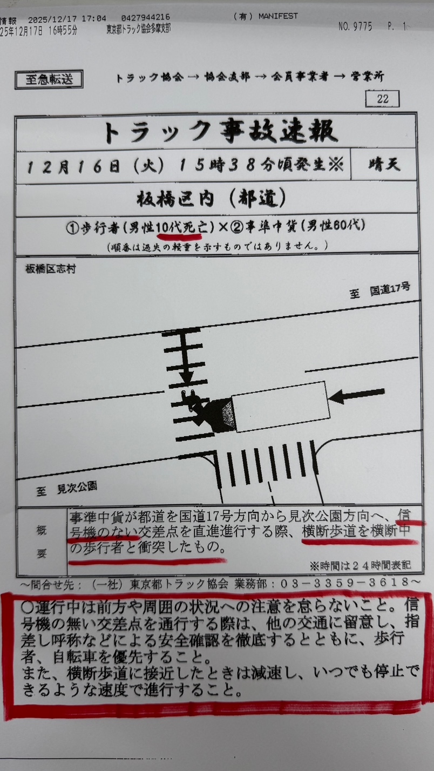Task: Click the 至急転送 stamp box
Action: coord(49,80)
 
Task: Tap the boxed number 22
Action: coord(382,99)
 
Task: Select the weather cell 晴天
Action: coord(384,165)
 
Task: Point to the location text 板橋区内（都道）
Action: coord(211,199)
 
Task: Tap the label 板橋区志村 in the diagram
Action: coord(51,269)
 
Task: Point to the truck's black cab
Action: coord(221,415)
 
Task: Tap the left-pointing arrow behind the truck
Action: coord(357,395)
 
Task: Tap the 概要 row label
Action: coord(42,542)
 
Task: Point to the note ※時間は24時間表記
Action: coord(360,565)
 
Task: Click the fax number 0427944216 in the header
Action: coord(146,17)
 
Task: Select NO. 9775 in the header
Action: coord(355,26)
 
